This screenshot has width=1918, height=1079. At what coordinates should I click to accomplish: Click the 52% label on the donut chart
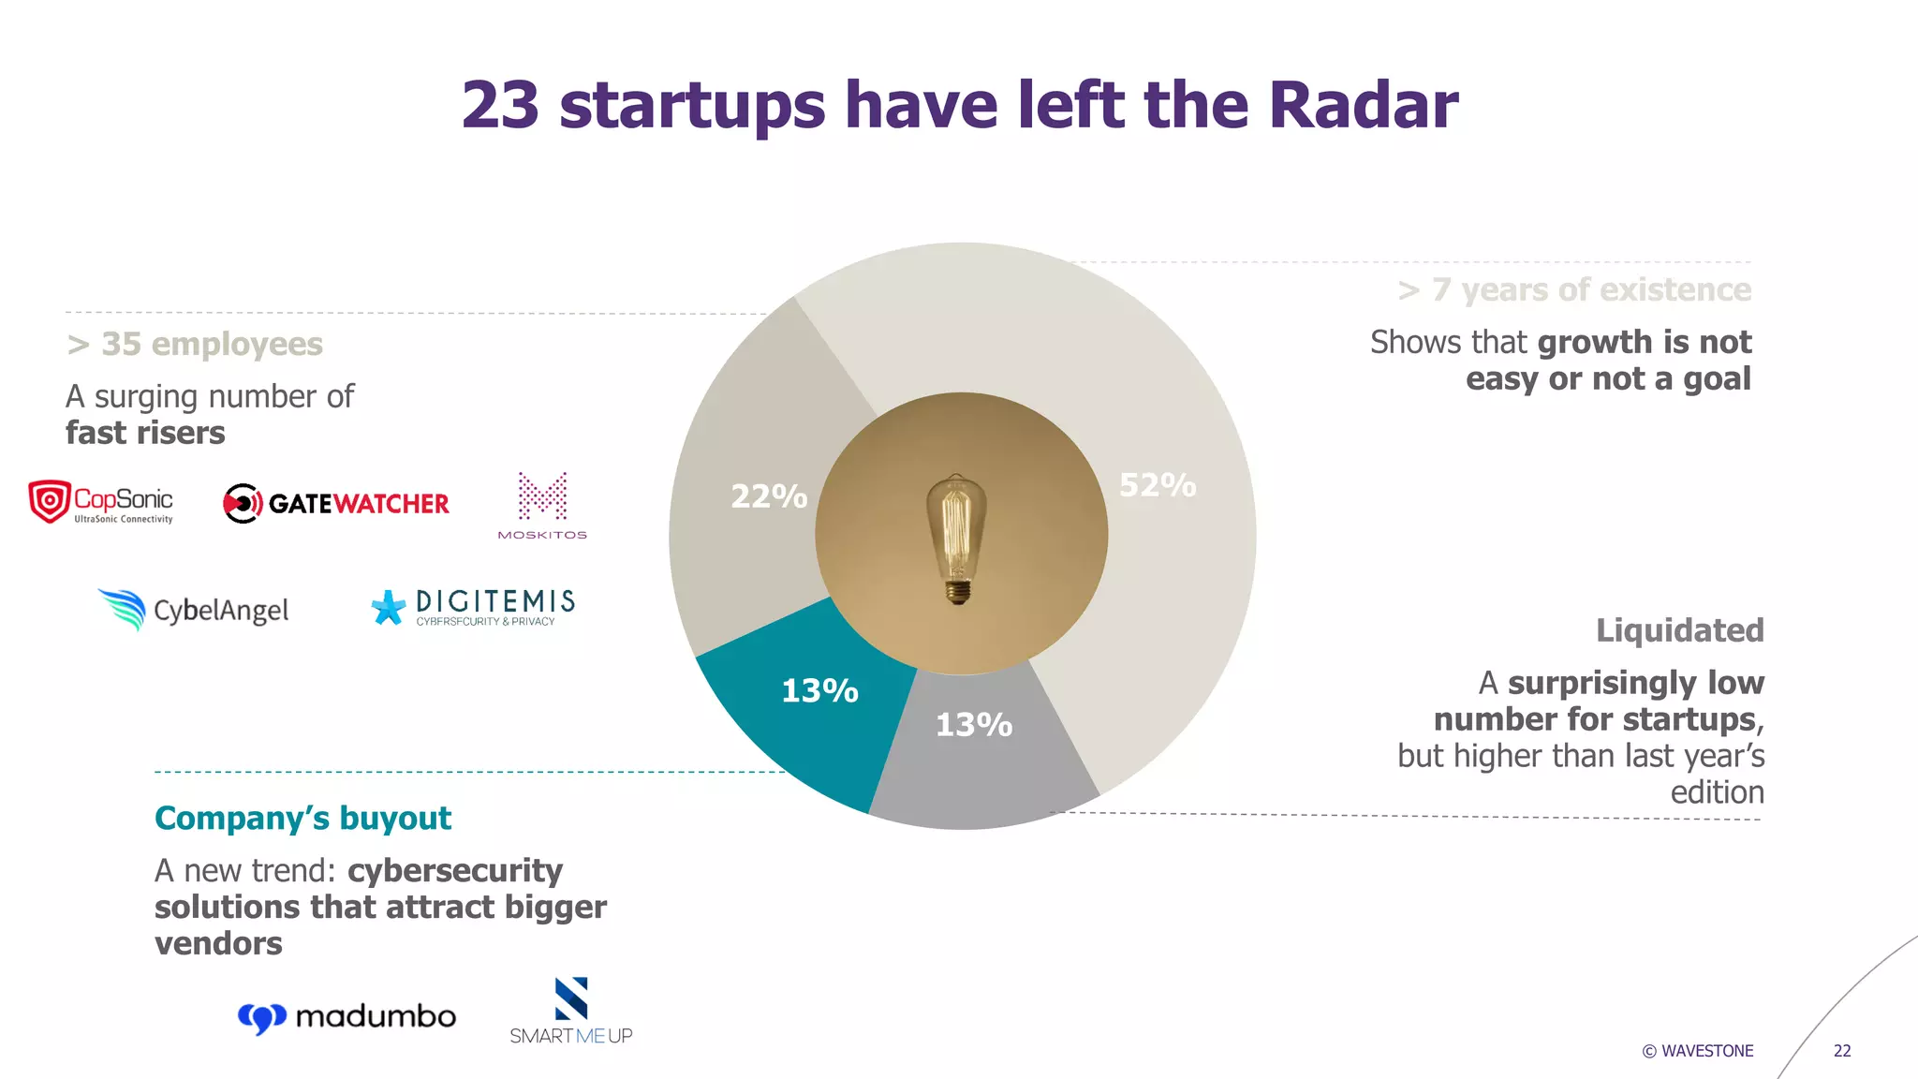pos(1158,485)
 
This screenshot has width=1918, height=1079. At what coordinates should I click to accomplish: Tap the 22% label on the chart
pos(769,496)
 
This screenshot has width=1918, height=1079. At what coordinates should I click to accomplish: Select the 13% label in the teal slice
pos(819,691)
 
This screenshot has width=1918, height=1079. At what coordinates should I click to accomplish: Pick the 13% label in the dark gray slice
pos(974,725)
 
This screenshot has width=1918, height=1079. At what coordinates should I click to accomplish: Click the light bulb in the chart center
pos(956,539)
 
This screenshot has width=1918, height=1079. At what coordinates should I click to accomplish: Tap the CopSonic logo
pos(101,503)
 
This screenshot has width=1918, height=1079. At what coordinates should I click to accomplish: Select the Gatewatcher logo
pos(336,504)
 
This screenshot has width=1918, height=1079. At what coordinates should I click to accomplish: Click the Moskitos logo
pos(542,506)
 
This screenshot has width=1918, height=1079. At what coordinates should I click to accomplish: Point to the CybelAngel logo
pos(194,610)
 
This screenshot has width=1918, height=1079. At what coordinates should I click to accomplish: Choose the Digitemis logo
pos(473,607)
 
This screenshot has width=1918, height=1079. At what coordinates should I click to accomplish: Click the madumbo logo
pos(347,1017)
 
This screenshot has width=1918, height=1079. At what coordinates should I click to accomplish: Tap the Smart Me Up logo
pos(571,1012)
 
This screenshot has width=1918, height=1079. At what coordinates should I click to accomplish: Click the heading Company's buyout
pos(302,819)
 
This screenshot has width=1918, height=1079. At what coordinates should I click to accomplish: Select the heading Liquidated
pos(1679,630)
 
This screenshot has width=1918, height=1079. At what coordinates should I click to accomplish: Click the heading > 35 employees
pos(195,345)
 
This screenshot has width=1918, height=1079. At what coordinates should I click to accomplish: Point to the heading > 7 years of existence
pos(1574,290)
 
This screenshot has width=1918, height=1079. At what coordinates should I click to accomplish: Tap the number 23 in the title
pos(500,105)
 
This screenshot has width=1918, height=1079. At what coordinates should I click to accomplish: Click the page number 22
pos(1841,1051)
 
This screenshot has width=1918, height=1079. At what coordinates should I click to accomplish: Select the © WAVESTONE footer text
pos(1697,1051)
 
